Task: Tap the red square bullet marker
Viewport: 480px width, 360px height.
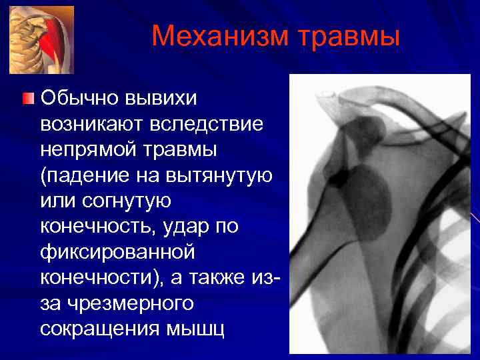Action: pyautogui.click(x=27, y=100)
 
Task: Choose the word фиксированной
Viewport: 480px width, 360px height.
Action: pyautogui.click(x=117, y=252)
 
